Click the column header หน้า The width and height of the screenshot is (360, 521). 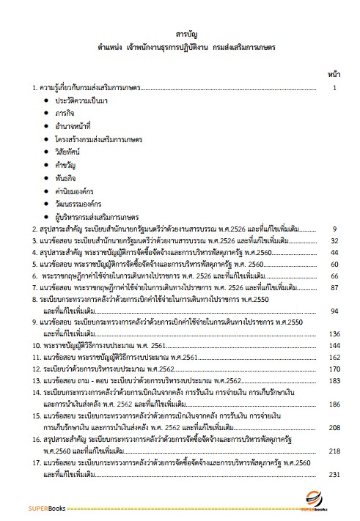point(332,75)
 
